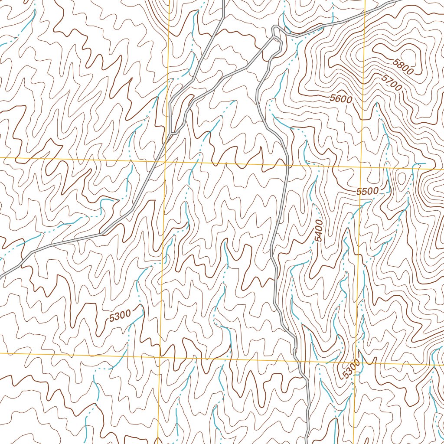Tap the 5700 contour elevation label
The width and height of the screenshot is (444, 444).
point(392,82)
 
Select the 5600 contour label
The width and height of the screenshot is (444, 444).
point(340,98)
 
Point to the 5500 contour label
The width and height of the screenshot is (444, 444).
point(368,191)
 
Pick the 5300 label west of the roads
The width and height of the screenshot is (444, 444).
point(120,317)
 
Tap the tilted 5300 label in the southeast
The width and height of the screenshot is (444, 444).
point(351,369)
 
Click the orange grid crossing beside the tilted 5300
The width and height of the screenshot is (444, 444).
point(356,363)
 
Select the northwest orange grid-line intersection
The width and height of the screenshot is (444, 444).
point(165,161)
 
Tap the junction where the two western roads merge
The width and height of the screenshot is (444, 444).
point(173,132)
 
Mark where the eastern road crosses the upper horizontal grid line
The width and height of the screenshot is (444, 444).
point(287,166)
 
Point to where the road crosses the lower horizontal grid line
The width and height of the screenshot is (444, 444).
point(298,361)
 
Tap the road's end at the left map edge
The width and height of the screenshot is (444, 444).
point(1,276)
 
